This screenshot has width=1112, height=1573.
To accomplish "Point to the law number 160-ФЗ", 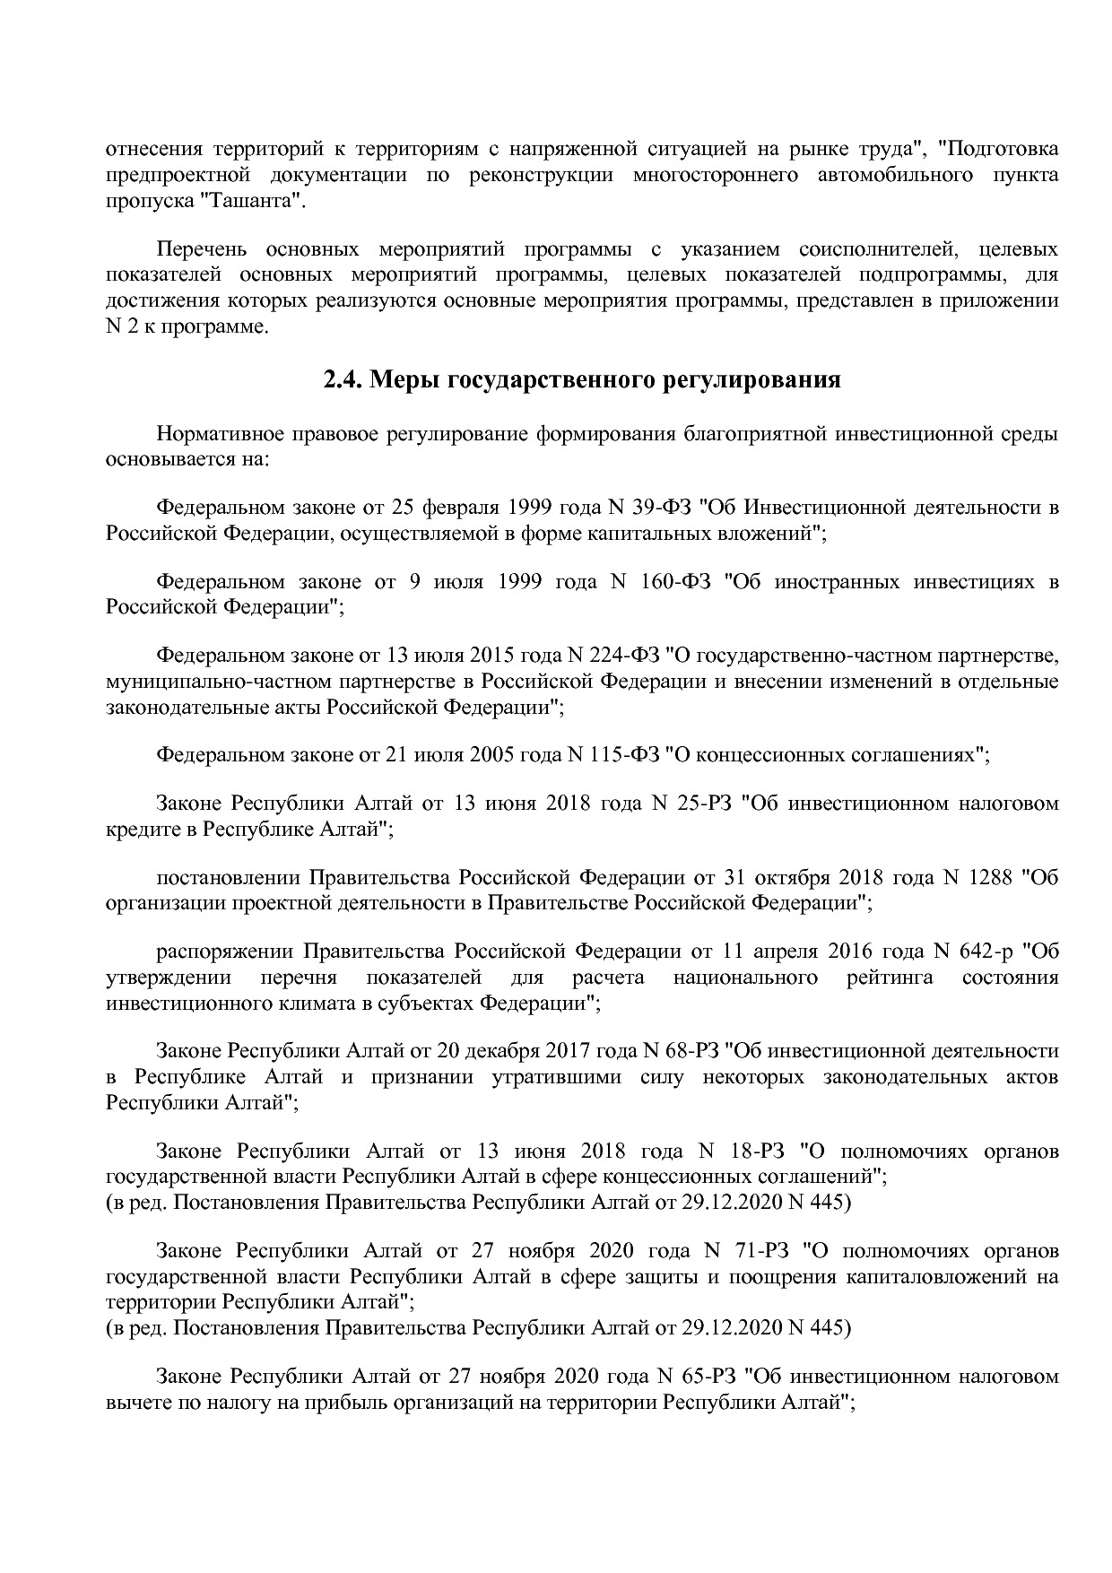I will coord(676,582).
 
